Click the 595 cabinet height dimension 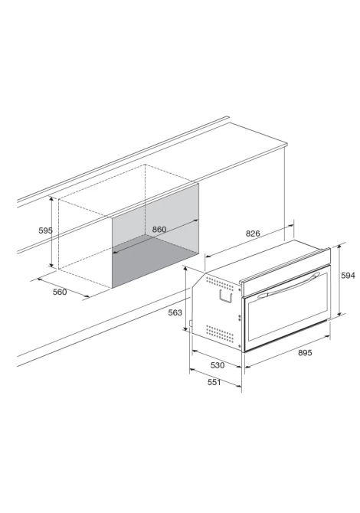[x=45, y=230]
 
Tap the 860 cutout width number [x=159, y=230]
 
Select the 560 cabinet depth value [x=60, y=292]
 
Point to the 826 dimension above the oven [x=253, y=234]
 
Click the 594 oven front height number [x=348, y=276]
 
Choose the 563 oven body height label [x=175, y=312]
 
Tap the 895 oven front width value [x=305, y=353]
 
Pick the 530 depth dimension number [x=218, y=365]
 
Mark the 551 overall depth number [x=214, y=382]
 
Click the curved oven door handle [x=288, y=286]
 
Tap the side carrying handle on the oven [x=225, y=296]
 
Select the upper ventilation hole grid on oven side [x=220, y=283]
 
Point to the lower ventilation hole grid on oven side [x=220, y=334]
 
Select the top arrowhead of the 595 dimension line [x=51, y=199]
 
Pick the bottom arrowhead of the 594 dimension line [x=339, y=312]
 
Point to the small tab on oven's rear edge [x=191, y=324]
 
